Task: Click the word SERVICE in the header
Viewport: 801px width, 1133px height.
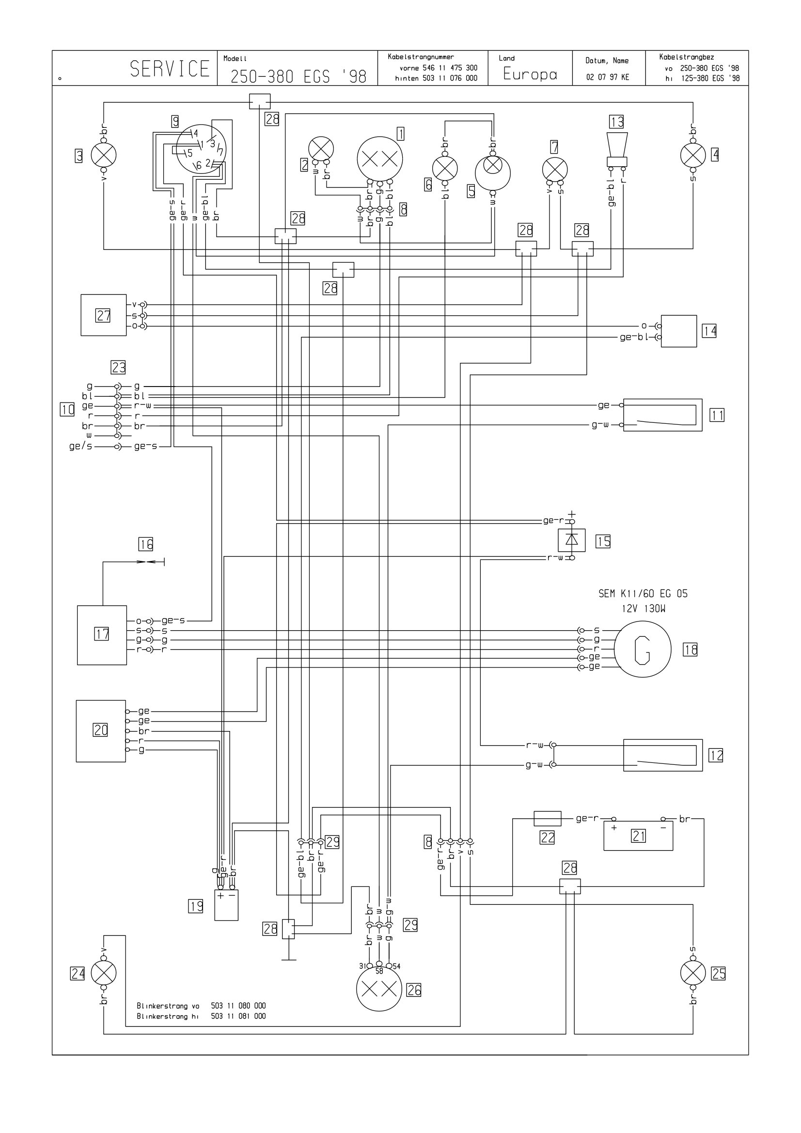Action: [x=170, y=69]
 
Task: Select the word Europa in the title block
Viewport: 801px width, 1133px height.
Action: [x=530, y=74]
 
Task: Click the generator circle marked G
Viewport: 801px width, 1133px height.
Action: [x=643, y=650]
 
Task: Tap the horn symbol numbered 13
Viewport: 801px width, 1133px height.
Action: [x=617, y=149]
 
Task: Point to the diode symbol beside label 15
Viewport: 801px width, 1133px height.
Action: [x=571, y=540]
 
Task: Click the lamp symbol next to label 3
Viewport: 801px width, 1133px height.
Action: [x=104, y=155]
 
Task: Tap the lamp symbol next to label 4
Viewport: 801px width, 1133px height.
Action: [x=693, y=155]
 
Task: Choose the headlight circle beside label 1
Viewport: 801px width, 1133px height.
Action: [x=380, y=159]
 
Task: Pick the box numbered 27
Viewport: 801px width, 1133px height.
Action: [x=104, y=315]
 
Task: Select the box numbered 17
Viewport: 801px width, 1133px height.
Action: [x=102, y=635]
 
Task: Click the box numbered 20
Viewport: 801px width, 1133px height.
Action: [x=101, y=731]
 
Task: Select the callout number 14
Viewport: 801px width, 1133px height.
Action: [x=709, y=331]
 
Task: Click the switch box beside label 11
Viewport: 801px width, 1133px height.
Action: [x=663, y=415]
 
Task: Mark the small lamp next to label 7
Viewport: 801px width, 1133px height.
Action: [x=555, y=170]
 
